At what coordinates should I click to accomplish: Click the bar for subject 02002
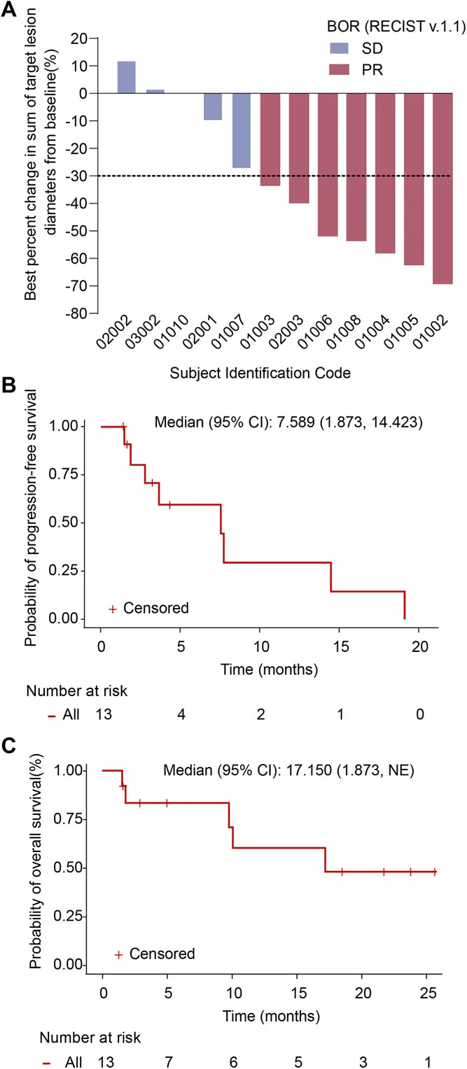126,77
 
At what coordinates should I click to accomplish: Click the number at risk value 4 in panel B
181,714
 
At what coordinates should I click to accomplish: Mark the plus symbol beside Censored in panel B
112,609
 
